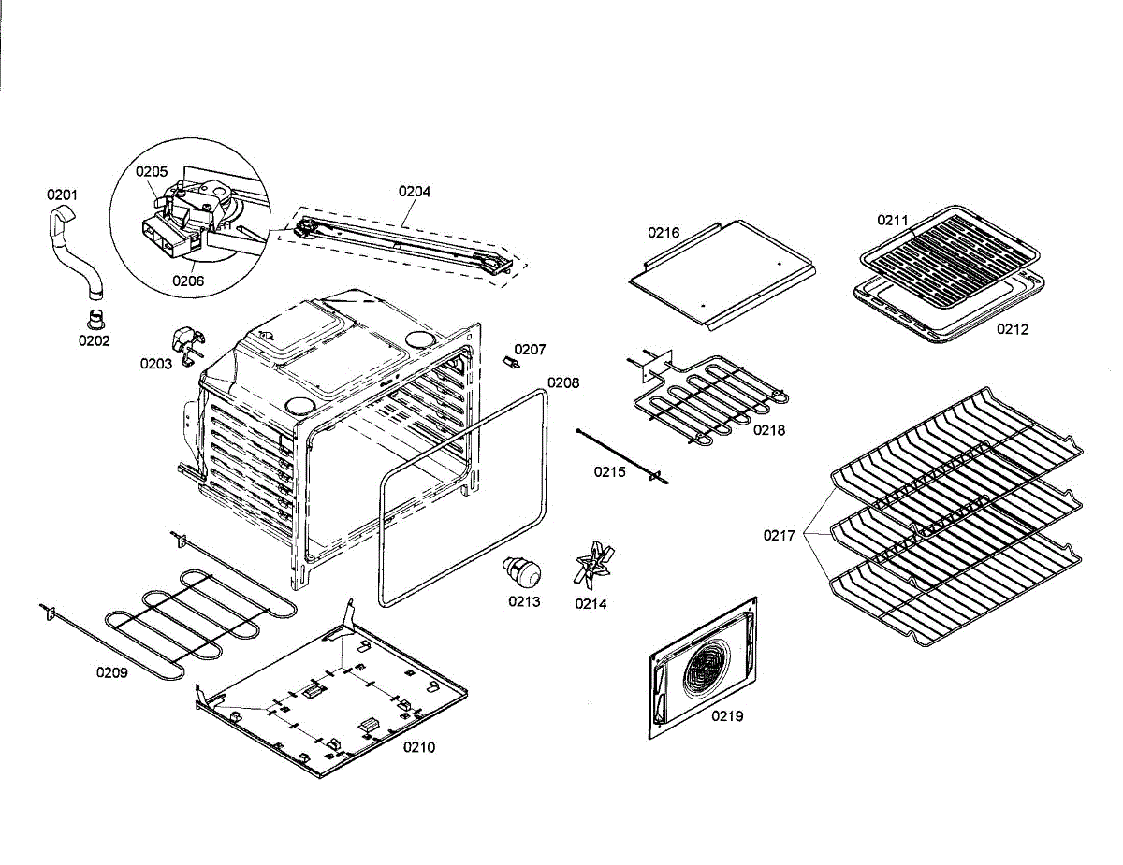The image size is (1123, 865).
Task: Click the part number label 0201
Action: click(x=63, y=195)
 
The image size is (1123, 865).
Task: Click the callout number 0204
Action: click(x=415, y=191)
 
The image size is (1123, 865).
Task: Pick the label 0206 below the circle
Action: click(x=188, y=279)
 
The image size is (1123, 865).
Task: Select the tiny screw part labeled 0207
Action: click(x=511, y=361)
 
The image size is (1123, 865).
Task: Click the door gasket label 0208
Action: click(x=563, y=382)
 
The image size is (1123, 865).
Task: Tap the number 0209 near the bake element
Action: click(x=111, y=671)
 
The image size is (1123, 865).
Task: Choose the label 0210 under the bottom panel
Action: click(x=419, y=747)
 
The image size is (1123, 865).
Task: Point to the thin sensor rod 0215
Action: click(x=622, y=454)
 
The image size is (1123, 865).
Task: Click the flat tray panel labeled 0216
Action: click(x=721, y=271)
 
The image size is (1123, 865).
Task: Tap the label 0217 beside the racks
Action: click(x=779, y=536)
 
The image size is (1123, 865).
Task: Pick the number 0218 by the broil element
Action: click(x=769, y=430)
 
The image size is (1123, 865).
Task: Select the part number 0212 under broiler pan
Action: click(x=1012, y=329)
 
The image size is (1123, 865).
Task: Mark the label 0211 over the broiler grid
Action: click(x=893, y=221)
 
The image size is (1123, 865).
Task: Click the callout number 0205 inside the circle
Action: click(x=152, y=171)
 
